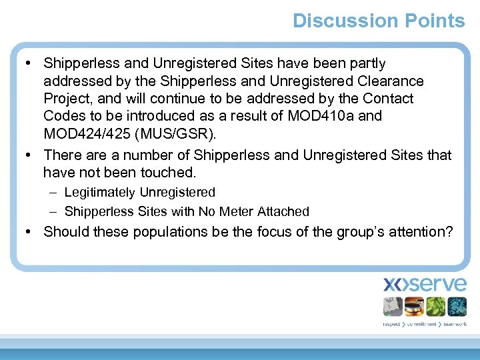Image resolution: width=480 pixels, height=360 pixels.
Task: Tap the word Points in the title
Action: coord(434,21)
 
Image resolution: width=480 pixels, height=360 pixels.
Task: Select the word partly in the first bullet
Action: coord(363,63)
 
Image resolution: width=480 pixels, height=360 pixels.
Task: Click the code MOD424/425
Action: coord(87,133)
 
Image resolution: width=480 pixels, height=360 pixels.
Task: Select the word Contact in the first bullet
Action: coord(388,99)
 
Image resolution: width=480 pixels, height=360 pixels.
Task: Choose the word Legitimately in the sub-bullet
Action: coord(100,192)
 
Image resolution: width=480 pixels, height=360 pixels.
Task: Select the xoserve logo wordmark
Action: coord(425,285)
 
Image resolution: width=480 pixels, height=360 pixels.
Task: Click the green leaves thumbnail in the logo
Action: coord(435,307)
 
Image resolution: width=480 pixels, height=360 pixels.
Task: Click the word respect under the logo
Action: coord(392,324)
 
